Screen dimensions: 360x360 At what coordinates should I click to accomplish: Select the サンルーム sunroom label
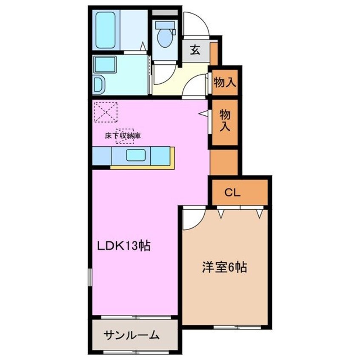(131, 335)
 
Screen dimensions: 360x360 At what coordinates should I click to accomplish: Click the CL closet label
(233, 193)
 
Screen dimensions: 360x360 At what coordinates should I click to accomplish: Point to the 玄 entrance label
(195, 50)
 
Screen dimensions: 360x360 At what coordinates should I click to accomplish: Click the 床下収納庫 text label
(123, 137)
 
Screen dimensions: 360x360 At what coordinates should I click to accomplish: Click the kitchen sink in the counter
(136, 156)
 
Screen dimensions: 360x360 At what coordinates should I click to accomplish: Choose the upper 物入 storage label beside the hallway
(225, 83)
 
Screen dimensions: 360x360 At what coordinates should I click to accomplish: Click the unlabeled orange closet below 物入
(224, 161)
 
